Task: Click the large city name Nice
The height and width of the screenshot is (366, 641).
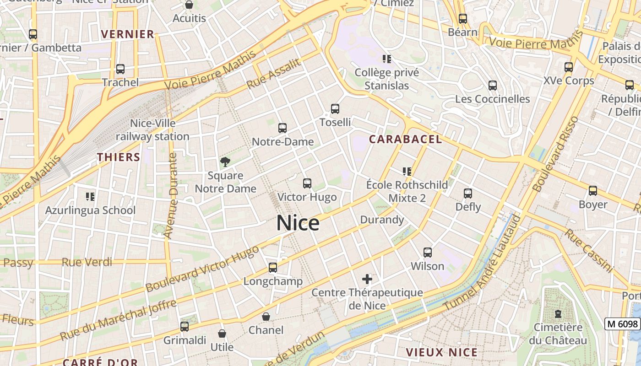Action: (298, 223)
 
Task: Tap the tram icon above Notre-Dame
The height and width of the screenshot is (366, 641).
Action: (282, 128)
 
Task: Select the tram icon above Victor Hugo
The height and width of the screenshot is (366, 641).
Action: (307, 183)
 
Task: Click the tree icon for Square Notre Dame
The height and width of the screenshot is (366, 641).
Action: (225, 161)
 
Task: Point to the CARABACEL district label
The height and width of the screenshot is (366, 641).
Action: (406, 139)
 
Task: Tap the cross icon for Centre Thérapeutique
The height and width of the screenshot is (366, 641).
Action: (367, 279)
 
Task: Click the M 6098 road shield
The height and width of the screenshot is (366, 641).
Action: (622, 324)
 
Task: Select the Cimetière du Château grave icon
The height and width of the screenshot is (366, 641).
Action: (558, 314)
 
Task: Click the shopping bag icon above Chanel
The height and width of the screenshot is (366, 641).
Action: (266, 317)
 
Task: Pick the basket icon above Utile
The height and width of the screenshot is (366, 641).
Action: (222, 334)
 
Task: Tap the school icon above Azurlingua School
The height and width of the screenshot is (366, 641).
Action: (90, 197)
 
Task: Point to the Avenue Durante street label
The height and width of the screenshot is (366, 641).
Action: (170, 196)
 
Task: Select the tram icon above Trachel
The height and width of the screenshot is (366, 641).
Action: (120, 69)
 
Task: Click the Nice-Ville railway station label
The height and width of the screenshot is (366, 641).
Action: (152, 130)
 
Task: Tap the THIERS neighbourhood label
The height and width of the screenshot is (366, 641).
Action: (119, 157)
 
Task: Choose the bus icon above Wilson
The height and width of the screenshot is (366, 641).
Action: (428, 253)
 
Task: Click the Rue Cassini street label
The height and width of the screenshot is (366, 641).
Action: (589, 250)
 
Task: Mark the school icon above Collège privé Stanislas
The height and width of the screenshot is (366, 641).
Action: (387, 59)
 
